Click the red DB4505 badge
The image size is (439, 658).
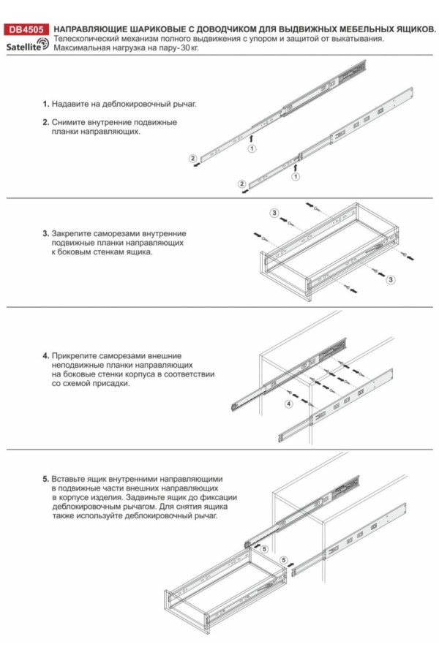click(26, 30)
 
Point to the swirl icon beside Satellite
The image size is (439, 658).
click(44, 45)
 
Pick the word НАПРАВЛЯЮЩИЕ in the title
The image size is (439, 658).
click(92, 29)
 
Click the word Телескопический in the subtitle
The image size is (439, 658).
click(86, 39)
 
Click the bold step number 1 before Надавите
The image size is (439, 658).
click(45, 104)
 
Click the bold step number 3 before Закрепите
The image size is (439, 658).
click(45, 233)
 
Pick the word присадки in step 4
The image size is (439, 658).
click(112, 383)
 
